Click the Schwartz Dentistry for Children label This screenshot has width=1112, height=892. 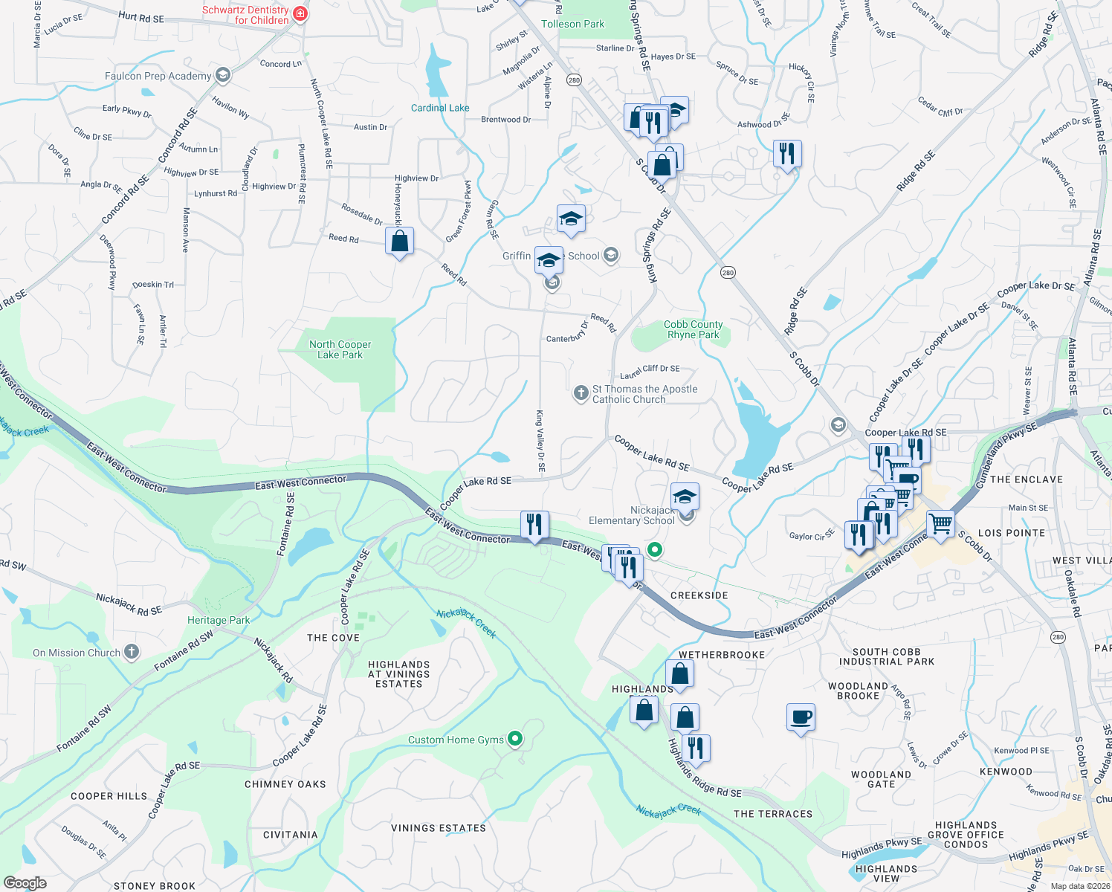[x=245, y=15]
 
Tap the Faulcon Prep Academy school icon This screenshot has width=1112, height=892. [x=222, y=75]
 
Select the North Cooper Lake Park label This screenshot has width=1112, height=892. [x=340, y=349]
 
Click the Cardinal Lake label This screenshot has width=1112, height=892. [x=440, y=108]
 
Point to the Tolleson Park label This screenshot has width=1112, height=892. [x=572, y=24]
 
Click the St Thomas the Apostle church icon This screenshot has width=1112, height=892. [x=581, y=393]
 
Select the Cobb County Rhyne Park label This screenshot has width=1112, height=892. [x=693, y=329]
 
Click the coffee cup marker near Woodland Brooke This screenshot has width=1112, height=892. [x=801, y=717]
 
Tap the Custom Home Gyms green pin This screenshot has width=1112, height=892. [x=515, y=739]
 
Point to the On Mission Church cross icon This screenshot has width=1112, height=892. [x=132, y=653]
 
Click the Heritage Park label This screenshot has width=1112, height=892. [x=219, y=620]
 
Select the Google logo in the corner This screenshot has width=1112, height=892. [x=25, y=883]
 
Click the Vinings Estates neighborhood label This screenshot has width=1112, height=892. [x=439, y=828]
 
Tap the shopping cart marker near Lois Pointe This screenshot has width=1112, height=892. [x=940, y=523]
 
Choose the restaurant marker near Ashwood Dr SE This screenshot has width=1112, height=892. [x=786, y=154]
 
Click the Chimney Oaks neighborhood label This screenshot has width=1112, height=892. [x=285, y=784]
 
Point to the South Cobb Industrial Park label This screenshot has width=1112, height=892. [x=886, y=656]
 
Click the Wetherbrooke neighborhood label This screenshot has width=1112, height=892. [x=722, y=655]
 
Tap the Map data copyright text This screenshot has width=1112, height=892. [x=1078, y=886]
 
